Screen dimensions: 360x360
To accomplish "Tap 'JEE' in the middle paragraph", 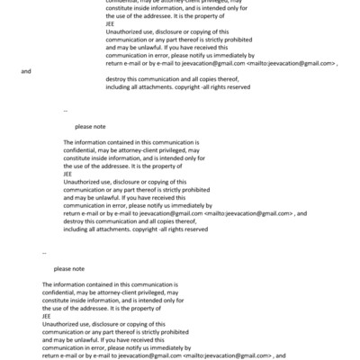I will click(x=69, y=174).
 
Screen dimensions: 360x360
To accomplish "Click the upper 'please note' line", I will click(x=91, y=127).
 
